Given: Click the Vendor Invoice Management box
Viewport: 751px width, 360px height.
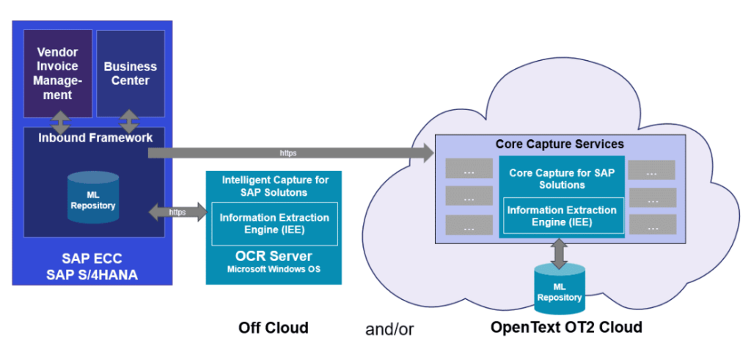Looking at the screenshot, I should [x=58, y=73].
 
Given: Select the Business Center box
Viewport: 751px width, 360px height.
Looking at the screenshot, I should [x=130, y=73].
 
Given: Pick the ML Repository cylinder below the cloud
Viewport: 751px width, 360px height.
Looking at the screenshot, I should [x=559, y=287].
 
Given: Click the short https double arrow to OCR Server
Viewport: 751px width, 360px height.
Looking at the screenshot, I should [x=178, y=212].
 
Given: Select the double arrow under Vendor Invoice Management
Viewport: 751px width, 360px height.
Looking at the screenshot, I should [x=59, y=122].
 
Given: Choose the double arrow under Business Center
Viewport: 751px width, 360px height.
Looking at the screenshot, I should [x=129, y=122].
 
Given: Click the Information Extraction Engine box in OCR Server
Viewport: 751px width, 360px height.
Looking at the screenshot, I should [x=274, y=224].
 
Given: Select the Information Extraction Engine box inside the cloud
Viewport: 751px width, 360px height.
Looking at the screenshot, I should [x=563, y=215].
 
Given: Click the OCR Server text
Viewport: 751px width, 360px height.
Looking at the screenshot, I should [x=274, y=257].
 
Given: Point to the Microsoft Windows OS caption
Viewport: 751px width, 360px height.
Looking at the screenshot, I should [x=274, y=270].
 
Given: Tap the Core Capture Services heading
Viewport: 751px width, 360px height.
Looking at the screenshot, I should [x=560, y=144].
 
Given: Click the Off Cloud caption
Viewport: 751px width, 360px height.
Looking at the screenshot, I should [x=273, y=328].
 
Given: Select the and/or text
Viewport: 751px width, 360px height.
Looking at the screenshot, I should [x=389, y=328].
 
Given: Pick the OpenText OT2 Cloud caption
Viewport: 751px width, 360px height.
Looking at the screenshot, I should [x=565, y=327].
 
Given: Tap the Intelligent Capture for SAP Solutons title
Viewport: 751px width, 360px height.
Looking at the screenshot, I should [x=274, y=185].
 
